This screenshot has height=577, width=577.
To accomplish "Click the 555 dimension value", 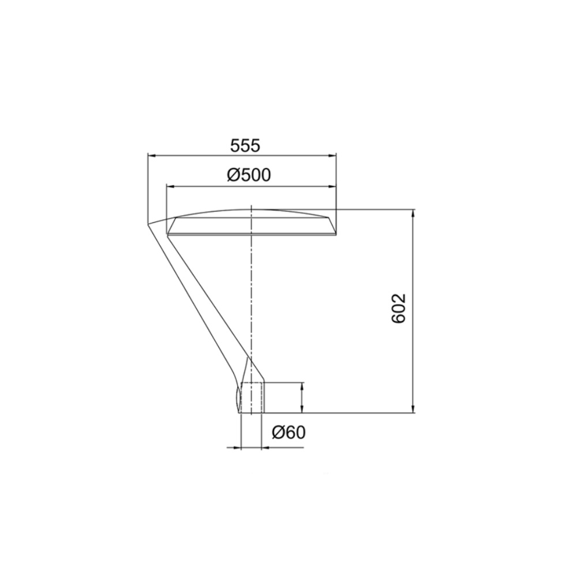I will [245, 145].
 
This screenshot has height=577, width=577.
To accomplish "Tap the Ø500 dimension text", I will [249, 175].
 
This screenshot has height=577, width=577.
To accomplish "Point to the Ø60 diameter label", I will [287, 432].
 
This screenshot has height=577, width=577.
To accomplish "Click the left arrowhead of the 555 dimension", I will [152, 155].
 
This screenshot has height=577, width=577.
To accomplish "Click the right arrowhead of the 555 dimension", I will [333, 155].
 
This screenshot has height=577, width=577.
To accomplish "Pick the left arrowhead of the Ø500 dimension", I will [170, 186].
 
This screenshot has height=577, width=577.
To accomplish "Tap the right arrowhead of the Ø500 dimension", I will [333, 186].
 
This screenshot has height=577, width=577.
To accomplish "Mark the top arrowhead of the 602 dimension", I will [413, 212].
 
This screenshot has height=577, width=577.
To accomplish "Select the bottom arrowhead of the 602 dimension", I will [413, 409].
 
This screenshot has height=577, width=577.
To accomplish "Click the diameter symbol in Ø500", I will [234, 175].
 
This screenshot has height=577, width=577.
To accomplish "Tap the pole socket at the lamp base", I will [252, 398].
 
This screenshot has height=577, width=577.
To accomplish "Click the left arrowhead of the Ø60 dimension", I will [237, 447].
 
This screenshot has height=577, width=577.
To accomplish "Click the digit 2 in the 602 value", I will [402, 299].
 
